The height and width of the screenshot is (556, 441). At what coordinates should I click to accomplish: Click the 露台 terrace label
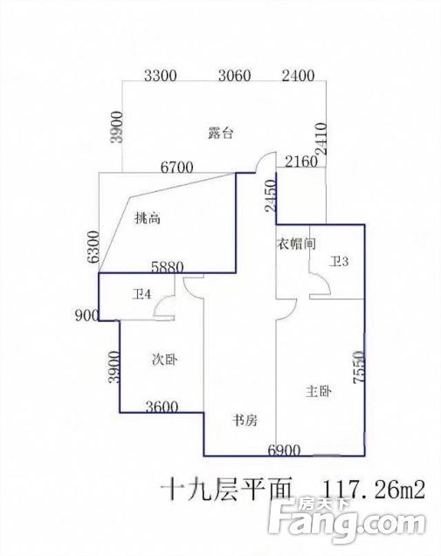(x=221, y=134)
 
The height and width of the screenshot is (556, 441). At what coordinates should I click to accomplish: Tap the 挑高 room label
(x=148, y=218)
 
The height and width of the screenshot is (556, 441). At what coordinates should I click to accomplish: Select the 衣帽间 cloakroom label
(x=296, y=244)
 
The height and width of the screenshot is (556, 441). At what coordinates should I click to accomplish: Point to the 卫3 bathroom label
(x=339, y=262)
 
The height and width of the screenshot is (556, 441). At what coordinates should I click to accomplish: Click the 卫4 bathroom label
(x=141, y=294)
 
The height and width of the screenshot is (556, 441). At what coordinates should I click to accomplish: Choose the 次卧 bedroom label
(x=164, y=360)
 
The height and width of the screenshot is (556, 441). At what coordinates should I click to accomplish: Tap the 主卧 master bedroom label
(x=318, y=391)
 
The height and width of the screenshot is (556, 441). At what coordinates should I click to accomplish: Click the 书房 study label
(x=245, y=420)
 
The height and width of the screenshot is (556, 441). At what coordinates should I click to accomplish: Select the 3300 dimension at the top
(x=161, y=76)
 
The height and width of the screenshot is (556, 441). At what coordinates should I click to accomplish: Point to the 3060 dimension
(x=235, y=76)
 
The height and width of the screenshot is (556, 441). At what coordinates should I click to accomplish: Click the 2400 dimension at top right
(x=298, y=76)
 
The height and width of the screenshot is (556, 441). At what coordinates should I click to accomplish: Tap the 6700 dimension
(x=176, y=167)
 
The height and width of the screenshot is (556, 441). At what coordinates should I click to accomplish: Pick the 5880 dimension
(x=167, y=267)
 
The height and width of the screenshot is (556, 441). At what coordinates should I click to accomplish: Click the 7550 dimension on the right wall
(x=359, y=367)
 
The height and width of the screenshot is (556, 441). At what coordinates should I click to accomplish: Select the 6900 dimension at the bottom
(x=284, y=450)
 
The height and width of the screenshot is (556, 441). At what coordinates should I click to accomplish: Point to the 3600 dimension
(x=162, y=407)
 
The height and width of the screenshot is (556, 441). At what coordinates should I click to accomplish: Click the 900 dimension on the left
(x=86, y=315)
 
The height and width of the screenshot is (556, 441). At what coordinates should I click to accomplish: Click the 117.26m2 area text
(x=373, y=490)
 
